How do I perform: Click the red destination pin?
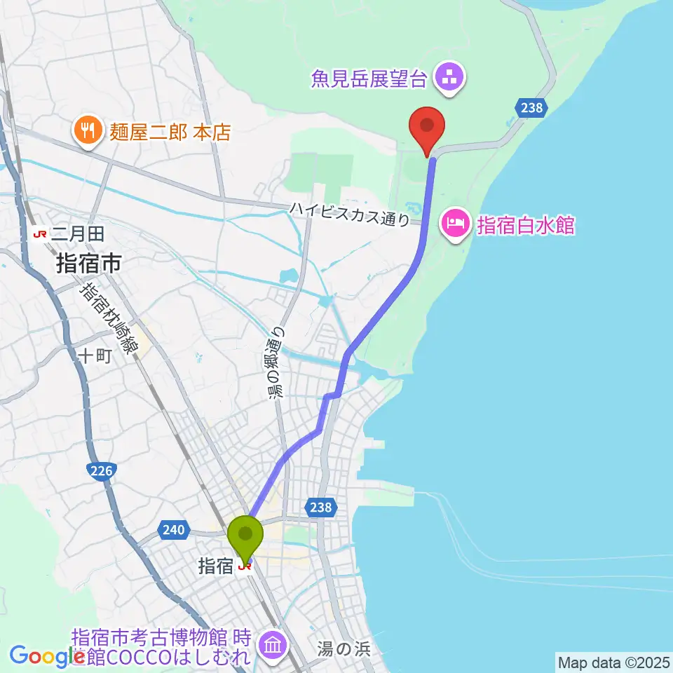[x=428, y=128]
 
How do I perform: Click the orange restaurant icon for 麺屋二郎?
[x=88, y=130]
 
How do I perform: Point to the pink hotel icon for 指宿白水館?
[x=454, y=226]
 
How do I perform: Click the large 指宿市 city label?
[x=88, y=264]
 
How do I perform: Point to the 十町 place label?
[x=95, y=356]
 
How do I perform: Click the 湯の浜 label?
[x=343, y=648]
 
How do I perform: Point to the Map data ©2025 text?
[x=613, y=661]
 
